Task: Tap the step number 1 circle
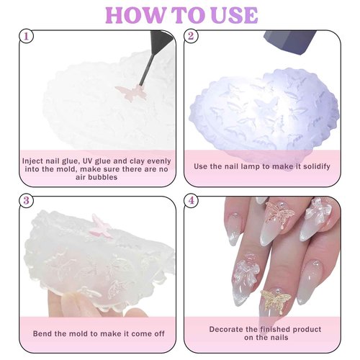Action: tap(27, 36)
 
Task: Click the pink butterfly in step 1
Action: tap(130, 93)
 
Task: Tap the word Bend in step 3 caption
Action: tap(45, 334)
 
